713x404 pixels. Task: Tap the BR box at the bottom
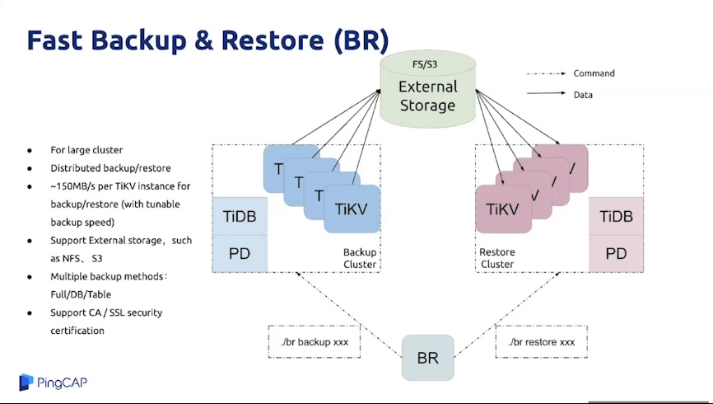pos(427,358)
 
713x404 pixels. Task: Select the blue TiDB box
pos(240,217)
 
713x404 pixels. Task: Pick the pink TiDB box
pos(616,217)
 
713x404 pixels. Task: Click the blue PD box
pos(240,253)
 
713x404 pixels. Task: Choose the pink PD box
pos(616,253)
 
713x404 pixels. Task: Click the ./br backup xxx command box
pos(314,341)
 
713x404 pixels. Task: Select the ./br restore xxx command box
pos(541,341)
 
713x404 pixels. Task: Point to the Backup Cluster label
pos(360,258)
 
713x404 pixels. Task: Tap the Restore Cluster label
pos(496,258)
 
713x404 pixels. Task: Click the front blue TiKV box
pos(352,209)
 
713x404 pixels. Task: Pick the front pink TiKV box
pos(503,209)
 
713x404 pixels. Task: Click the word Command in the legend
pos(594,73)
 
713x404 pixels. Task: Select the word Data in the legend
pos(583,95)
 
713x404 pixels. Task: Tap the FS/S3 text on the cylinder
pos(427,63)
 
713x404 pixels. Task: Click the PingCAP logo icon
pos(26,382)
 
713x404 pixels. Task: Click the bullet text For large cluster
pos(86,150)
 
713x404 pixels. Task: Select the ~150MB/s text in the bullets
pos(74,186)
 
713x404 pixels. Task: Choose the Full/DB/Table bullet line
pos(81,294)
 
